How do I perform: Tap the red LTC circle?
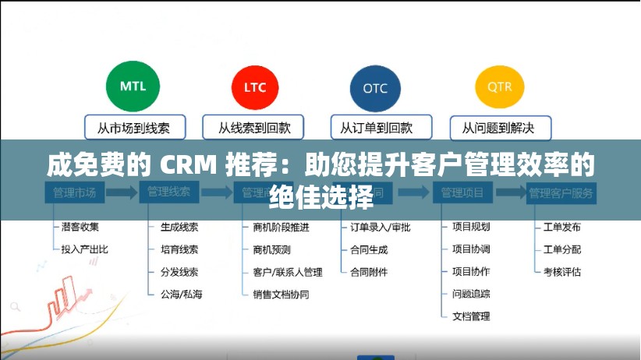point(254,87)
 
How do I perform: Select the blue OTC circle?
point(374,87)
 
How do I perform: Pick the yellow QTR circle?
point(499,86)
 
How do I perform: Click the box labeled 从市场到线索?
point(133,127)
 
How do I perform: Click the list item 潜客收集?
point(80,228)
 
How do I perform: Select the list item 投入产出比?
point(84,249)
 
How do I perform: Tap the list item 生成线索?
point(179,228)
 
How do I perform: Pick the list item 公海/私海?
point(181,295)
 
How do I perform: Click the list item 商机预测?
point(271,249)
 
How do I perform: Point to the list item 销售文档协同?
point(281,295)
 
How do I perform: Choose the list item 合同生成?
point(369,249)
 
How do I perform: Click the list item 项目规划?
point(471,228)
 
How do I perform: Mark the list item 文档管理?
point(471,316)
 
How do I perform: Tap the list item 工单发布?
point(562,228)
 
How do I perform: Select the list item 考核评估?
point(562,272)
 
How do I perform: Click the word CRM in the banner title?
point(190,166)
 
